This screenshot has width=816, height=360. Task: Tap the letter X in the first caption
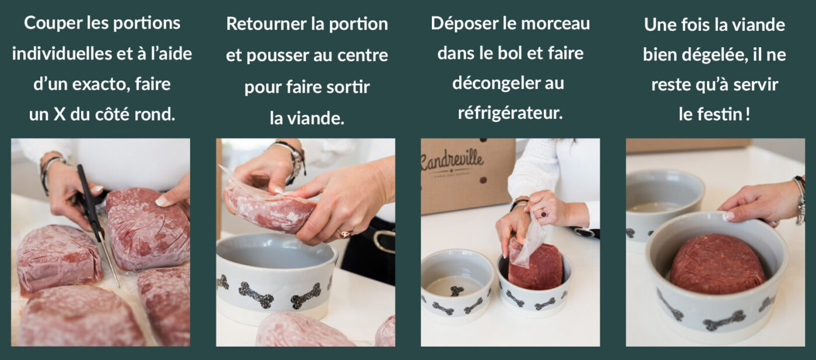point(59,114)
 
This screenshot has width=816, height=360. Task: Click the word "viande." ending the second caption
point(316,118)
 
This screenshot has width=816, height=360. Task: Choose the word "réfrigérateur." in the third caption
point(510,113)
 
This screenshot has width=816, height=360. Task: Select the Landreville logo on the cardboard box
point(452,161)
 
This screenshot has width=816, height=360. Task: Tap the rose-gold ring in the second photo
point(344,234)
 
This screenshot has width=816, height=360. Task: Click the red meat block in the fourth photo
point(717,264)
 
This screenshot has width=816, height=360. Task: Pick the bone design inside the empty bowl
point(457,291)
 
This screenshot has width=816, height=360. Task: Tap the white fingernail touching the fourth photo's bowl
point(729,216)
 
